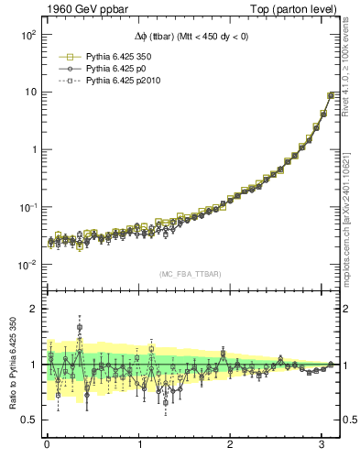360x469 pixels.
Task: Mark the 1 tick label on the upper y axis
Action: tap(31, 149)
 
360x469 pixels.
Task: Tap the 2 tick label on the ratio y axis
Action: tap(31, 309)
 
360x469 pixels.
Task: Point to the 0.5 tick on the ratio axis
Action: tap(27, 420)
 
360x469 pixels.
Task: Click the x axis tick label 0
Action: tap(47, 445)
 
